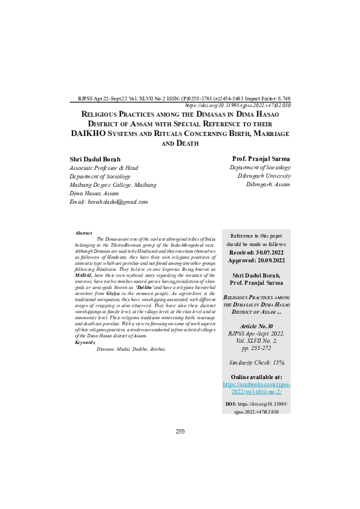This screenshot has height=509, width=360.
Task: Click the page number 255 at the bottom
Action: click(x=180, y=431)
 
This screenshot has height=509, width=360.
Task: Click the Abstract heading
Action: click(x=83, y=233)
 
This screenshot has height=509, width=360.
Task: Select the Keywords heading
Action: click(x=85, y=342)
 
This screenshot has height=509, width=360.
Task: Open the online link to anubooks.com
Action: click(x=257, y=388)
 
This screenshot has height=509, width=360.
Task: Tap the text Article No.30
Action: click(x=257, y=325)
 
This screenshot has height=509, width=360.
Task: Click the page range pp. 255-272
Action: click(x=257, y=349)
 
